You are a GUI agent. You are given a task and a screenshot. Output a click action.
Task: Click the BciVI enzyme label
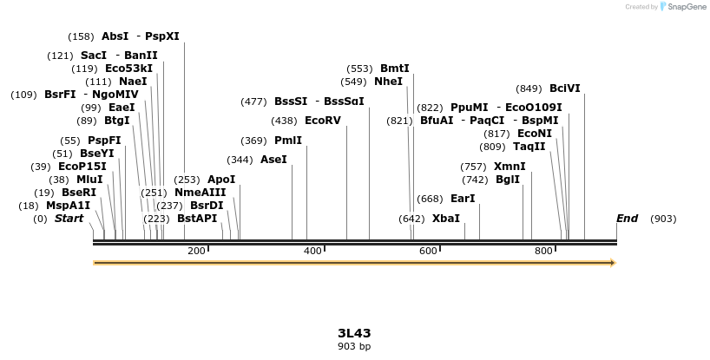(x=565, y=88)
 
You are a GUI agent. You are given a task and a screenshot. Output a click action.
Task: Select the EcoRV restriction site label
(x=323, y=121)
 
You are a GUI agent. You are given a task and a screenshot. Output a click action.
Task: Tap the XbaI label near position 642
(x=446, y=219)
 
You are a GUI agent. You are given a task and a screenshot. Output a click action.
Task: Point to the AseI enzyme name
(x=273, y=160)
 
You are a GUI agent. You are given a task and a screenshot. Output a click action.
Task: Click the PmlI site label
(x=288, y=141)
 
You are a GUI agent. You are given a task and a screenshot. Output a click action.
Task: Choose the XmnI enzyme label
(x=509, y=167)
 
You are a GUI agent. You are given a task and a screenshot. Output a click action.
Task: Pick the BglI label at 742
(x=508, y=180)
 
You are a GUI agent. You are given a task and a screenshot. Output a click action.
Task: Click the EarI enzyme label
(x=463, y=199)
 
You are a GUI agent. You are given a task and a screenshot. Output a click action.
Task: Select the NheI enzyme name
(x=389, y=82)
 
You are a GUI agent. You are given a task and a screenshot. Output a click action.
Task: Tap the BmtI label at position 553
(x=395, y=69)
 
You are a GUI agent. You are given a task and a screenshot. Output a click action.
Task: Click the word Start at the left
(x=69, y=219)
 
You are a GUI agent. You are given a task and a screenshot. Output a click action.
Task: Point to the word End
(x=627, y=219)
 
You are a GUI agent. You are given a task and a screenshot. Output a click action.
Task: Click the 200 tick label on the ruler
(x=196, y=251)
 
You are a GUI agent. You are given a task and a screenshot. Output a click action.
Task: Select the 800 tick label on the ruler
(x=543, y=251)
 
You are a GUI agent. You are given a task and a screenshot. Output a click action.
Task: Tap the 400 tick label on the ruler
(x=312, y=251)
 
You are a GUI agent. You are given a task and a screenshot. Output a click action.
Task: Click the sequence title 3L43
(x=354, y=333)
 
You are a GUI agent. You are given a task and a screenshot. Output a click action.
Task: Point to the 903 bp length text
(x=354, y=346)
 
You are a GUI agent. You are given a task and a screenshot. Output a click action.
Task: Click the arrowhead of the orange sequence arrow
(x=612, y=263)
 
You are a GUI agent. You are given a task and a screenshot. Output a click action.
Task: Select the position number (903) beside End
(x=663, y=219)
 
